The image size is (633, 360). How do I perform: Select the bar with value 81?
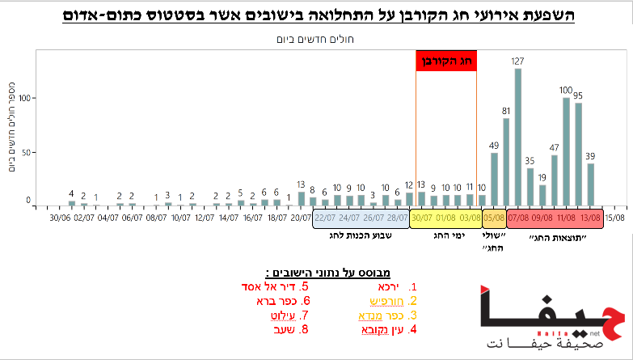point(506,161)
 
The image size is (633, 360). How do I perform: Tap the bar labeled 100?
point(566,150)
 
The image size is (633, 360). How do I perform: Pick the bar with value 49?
point(494,179)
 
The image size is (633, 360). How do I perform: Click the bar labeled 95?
point(578,153)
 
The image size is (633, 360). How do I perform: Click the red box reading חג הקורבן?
point(446,61)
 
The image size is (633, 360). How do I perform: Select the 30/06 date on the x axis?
point(59,218)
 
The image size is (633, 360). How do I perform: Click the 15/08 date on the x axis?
point(614,218)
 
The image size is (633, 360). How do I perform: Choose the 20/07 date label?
point(301,218)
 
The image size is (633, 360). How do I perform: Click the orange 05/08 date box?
point(493,218)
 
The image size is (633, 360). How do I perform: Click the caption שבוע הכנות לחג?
point(361,235)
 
